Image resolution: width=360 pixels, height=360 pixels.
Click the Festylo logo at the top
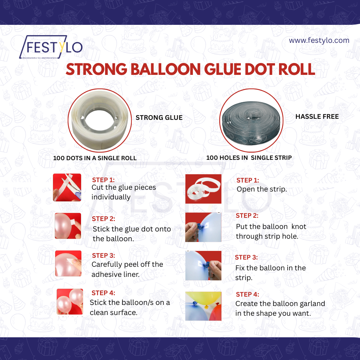(51, 47)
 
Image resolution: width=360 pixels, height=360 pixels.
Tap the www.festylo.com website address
(319, 40)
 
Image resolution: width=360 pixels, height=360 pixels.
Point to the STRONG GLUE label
(159, 117)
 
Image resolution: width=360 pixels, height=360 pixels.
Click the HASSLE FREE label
(317, 117)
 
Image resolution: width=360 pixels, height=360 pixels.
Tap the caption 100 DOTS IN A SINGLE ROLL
(95, 158)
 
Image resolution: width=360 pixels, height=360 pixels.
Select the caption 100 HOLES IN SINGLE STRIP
(249, 158)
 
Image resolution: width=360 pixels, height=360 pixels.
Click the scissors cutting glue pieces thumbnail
(67, 187)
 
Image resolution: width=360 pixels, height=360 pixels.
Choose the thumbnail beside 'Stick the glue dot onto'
(68, 226)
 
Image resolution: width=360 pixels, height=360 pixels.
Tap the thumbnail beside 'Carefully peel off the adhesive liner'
(68, 264)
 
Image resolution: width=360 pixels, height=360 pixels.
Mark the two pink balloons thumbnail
(70, 301)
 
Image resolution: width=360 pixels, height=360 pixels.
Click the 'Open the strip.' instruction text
(262, 189)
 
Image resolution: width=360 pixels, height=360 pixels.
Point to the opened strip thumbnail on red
(203, 188)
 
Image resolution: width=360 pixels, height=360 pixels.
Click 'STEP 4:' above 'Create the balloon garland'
(247, 294)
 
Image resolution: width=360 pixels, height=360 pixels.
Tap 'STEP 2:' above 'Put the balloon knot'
(247, 216)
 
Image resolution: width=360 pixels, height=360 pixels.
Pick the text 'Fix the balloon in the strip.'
(270, 273)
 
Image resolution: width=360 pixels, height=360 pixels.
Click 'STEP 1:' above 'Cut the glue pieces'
(103, 180)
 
